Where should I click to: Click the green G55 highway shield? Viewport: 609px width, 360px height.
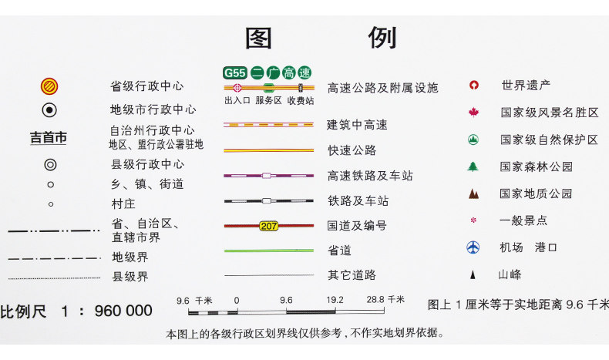click(x=234, y=73)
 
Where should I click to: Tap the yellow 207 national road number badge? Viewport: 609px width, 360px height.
click(x=269, y=226)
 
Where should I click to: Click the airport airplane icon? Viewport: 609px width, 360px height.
click(x=473, y=247)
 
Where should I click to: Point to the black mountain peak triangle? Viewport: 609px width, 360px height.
click(x=473, y=274)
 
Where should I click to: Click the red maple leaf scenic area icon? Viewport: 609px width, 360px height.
click(x=473, y=113)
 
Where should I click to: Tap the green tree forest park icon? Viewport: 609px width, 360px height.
click(x=473, y=167)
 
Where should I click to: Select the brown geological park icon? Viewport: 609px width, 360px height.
click(x=473, y=193)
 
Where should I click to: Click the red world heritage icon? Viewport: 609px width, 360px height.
click(x=474, y=86)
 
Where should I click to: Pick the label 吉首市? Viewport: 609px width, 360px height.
click(x=49, y=138)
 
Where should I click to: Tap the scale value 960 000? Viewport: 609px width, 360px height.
click(x=123, y=311)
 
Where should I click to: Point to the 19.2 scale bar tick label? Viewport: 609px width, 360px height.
click(x=334, y=300)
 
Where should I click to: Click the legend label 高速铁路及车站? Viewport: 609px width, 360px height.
click(x=369, y=177)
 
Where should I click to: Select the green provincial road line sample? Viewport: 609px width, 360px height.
click(x=268, y=251)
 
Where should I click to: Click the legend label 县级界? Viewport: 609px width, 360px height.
click(x=130, y=277)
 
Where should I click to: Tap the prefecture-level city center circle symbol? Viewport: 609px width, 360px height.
click(x=49, y=110)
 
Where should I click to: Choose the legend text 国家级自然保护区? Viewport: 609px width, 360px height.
click(x=549, y=140)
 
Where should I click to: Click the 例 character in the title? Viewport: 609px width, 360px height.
click(x=382, y=37)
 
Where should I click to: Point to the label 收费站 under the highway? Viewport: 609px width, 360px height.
click(x=300, y=100)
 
